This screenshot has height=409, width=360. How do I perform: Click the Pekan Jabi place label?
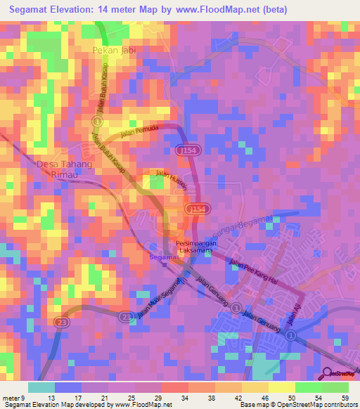[113, 51]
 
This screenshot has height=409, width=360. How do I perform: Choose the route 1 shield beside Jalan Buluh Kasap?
[98, 122]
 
